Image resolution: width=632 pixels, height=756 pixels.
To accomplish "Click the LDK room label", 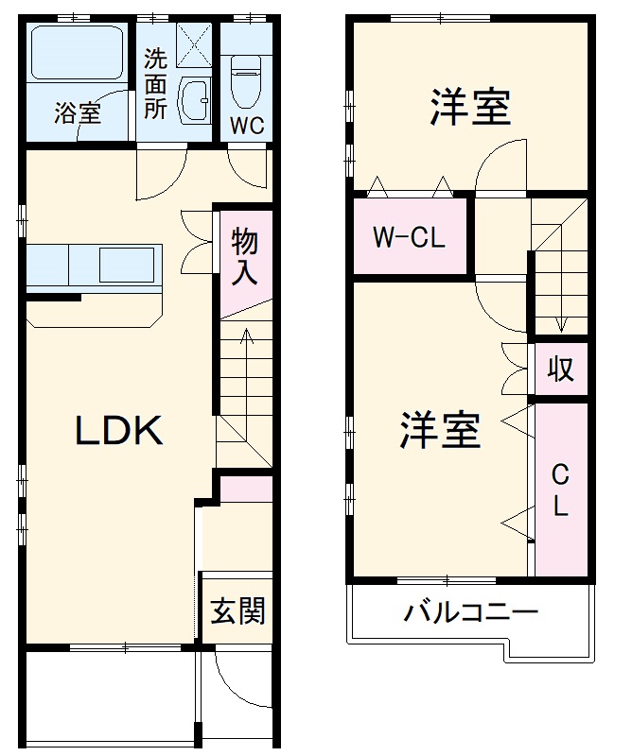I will (120, 431).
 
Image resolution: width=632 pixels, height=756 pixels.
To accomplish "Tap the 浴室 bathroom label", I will (77, 114).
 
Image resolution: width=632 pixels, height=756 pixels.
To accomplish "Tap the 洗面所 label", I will (156, 83).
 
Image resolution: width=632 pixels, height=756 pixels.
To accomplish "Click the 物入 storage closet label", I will (245, 258).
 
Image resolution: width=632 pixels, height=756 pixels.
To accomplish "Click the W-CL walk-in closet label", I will (408, 237).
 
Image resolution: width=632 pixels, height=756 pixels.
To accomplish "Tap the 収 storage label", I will (561, 369).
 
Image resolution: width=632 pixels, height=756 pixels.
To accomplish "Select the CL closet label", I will (560, 490).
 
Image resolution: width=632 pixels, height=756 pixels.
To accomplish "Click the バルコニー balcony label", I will (471, 612).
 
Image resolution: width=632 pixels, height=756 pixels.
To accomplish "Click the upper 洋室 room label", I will (470, 107).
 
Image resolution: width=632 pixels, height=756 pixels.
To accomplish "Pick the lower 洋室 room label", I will (440, 430).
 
